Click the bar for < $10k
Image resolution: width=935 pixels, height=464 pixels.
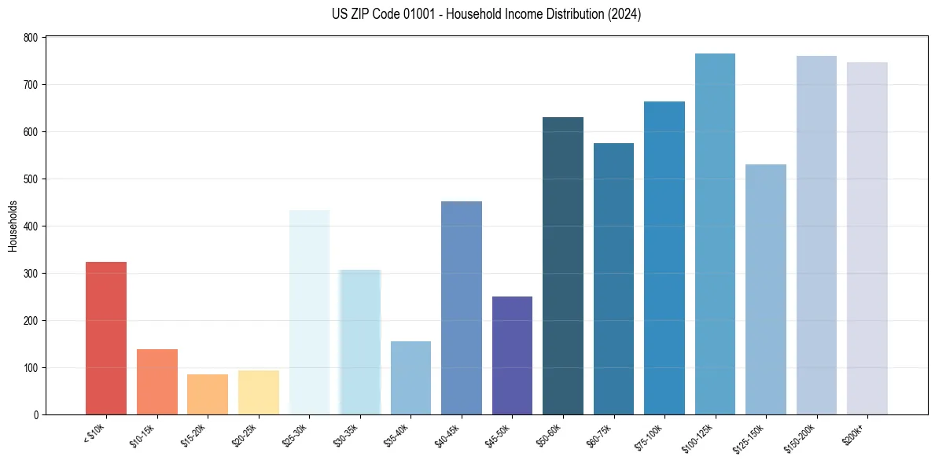pos(106,338)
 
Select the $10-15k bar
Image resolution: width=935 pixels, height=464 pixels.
pos(156,381)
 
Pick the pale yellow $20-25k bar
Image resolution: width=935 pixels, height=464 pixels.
pos(258,392)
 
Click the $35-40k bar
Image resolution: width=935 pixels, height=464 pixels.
pos(410,377)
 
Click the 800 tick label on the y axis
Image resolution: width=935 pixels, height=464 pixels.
pos(31,38)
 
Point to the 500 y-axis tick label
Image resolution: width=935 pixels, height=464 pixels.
pos(31,179)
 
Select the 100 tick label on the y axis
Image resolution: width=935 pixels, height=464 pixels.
pos(31,368)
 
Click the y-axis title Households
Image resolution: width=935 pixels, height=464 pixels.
pos(13,226)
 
